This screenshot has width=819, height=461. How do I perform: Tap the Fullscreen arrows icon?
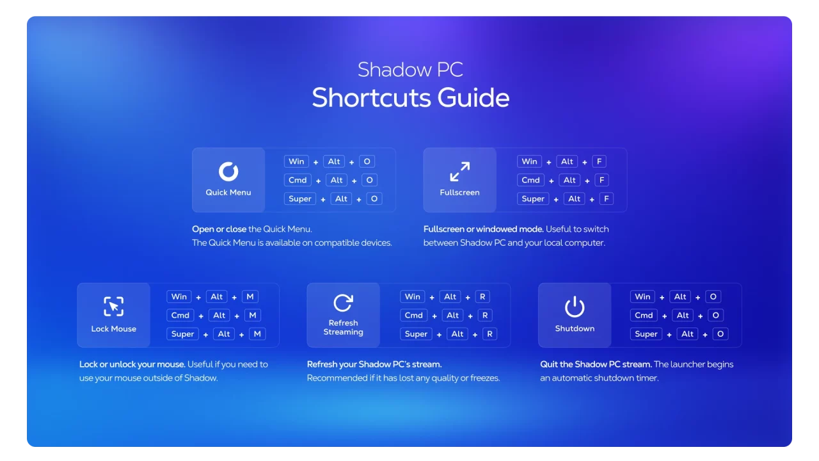[459, 171]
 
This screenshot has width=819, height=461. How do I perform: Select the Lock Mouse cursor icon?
[114, 306]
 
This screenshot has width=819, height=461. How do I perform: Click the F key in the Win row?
[599, 161]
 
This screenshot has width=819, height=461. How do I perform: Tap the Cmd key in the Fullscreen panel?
[530, 180]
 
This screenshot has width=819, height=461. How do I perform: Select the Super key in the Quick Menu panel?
[300, 198]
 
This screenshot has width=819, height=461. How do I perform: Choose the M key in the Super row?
[257, 334]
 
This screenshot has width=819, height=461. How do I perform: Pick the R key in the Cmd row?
[485, 315]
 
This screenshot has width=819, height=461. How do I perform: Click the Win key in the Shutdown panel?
[642, 296]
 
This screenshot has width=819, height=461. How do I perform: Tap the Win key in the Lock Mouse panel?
[179, 296]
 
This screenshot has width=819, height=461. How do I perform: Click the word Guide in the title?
[473, 98]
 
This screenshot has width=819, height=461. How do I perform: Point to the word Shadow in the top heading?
[389, 70]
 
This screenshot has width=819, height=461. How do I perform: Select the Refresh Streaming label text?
[343, 327]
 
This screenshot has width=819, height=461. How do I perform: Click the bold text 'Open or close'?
[219, 229]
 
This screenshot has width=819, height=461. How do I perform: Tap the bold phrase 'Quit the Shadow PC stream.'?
[596, 364]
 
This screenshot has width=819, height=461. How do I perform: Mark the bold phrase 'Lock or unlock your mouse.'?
[132, 364]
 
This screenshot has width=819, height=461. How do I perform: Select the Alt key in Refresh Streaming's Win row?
[450, 296]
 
